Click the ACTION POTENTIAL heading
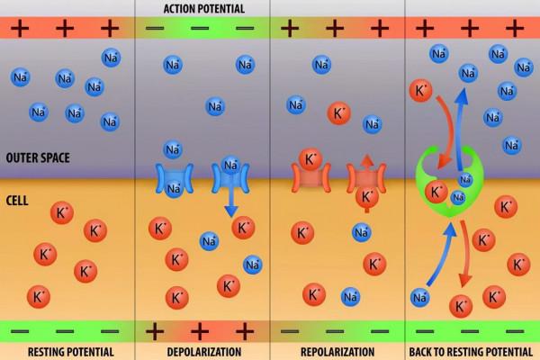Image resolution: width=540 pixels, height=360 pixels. [202, 8]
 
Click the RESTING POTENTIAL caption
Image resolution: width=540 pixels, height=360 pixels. [67, 351]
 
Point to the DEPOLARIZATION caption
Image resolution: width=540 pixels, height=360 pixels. [202, 351]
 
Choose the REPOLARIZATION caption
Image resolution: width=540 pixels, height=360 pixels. [337, 351]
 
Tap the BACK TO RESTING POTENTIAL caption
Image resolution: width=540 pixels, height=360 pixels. [472, 351]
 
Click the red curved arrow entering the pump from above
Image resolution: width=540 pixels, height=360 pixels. [439, 126]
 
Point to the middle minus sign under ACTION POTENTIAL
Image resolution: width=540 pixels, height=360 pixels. [202, 27]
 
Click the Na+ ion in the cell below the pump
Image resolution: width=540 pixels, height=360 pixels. [419, 296]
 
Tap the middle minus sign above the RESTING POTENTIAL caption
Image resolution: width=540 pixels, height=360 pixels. [67, 330]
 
